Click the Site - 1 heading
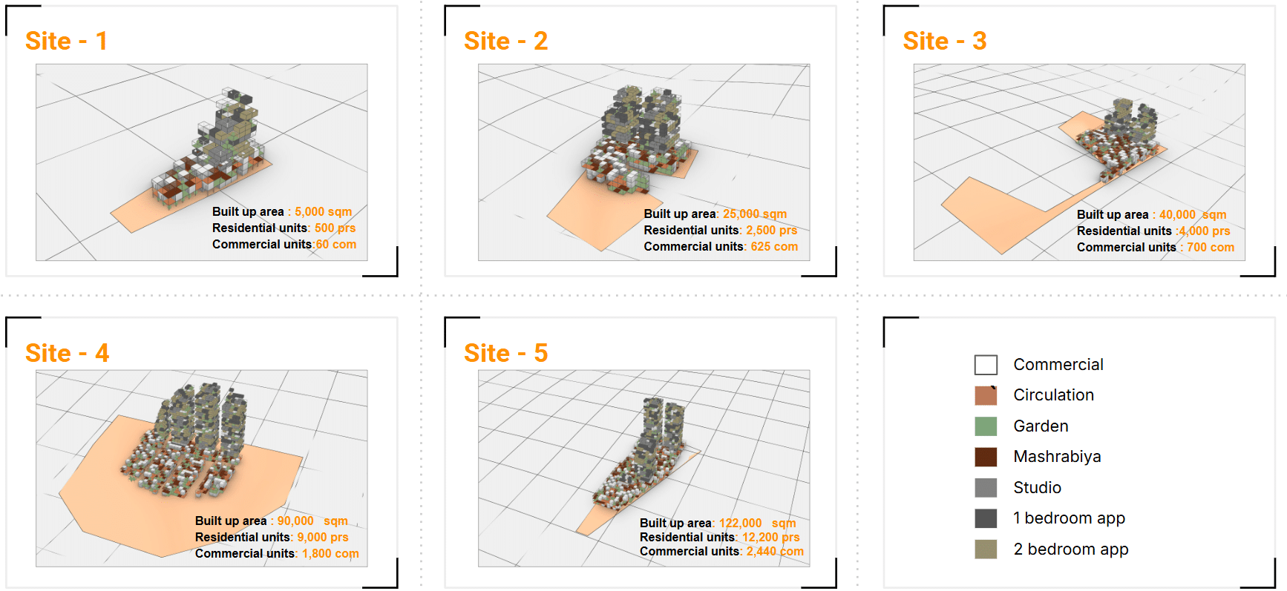pos(66,41)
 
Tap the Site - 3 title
pos(944,41)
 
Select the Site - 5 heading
pos(505,353)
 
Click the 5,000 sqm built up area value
pos(323,211)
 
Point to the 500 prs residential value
pos(335,228)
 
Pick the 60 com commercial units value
pos(335,244)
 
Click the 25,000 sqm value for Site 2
pos(755,214)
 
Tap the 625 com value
pos(774,246)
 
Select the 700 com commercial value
pos(1211,247)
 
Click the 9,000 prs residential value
pos(323,537)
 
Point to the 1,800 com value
pos(330,553)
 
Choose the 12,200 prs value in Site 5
pos(771,537)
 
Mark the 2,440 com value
pos(775,551)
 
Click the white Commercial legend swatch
pos(986,365)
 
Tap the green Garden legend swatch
pos(986,426)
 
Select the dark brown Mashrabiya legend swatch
pos(986,457)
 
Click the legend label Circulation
pos(1053,395)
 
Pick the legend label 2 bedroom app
pos(1070,549)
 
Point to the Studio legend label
pos(1037,488)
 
